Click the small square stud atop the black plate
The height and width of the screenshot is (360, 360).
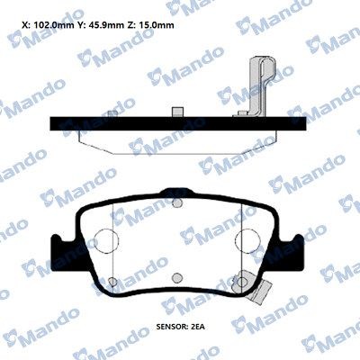pyautogui.click(x=178, y=112)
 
